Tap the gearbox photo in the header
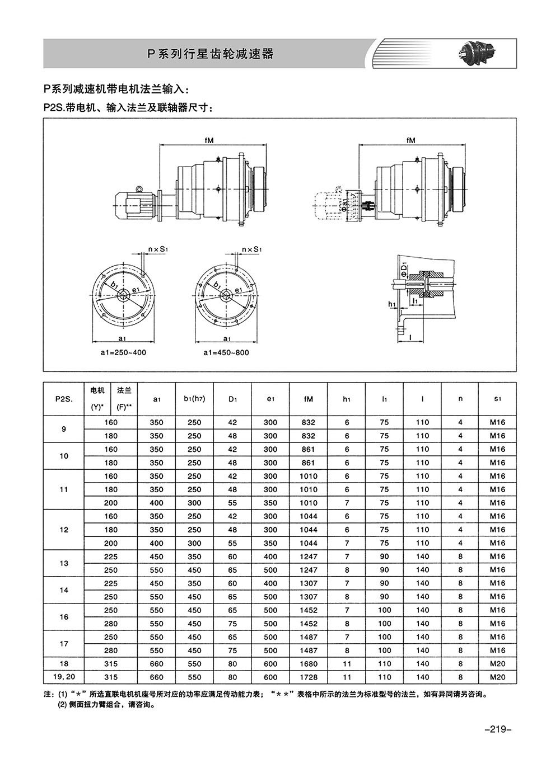[477, 54]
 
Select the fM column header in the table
[308, 399]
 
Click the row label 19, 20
[64, 677]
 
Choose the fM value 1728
[309, 677]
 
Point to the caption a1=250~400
[123, 352]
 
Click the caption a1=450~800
[226, 352]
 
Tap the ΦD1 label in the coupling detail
[404, 269]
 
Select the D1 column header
[232, 399]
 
